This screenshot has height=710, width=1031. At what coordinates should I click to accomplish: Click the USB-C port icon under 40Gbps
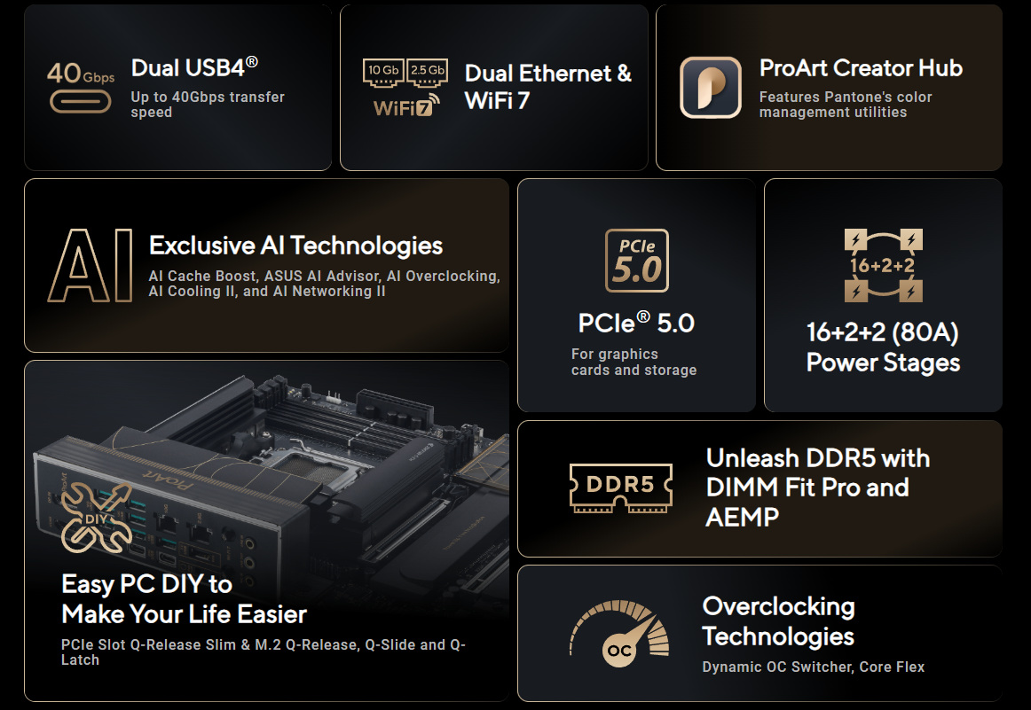pos(80,102)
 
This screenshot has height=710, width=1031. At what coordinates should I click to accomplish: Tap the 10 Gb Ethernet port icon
pos(383,73)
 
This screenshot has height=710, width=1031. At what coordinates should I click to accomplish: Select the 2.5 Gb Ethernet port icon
pos(428,73)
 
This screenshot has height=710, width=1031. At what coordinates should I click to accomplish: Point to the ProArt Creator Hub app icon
pos(710,88)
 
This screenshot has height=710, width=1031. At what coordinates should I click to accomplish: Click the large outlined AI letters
pos(91,265)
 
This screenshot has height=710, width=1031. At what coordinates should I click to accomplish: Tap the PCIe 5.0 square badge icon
pos(636,260)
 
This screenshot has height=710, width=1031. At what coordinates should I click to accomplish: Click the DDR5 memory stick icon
pos(621,488)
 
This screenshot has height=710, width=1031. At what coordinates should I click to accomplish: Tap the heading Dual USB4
pos(194,67)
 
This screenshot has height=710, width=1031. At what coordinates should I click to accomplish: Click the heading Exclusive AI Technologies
pos(295,246)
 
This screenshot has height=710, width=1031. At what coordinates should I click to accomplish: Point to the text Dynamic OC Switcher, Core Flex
pos(814,667)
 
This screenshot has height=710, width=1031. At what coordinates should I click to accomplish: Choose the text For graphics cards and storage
pos(634,362)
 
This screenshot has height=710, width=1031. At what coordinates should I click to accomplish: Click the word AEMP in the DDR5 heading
pos(743,518)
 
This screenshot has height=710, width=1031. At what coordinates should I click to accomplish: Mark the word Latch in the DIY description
pos(80,660)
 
